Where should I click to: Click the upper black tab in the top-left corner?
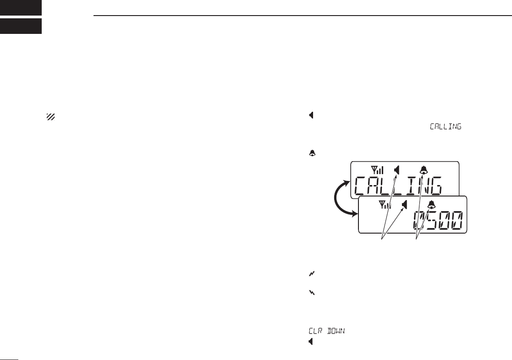[21, 7]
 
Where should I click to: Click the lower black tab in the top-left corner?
[21, 26]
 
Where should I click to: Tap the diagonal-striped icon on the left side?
[50, 117]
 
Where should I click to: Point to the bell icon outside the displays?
[312, 154]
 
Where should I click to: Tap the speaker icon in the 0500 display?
[405, 205]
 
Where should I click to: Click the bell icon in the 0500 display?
[431, 205]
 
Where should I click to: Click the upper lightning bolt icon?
[311, 273]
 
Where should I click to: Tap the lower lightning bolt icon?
[311, 292]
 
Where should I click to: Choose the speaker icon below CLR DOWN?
[311, 341]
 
